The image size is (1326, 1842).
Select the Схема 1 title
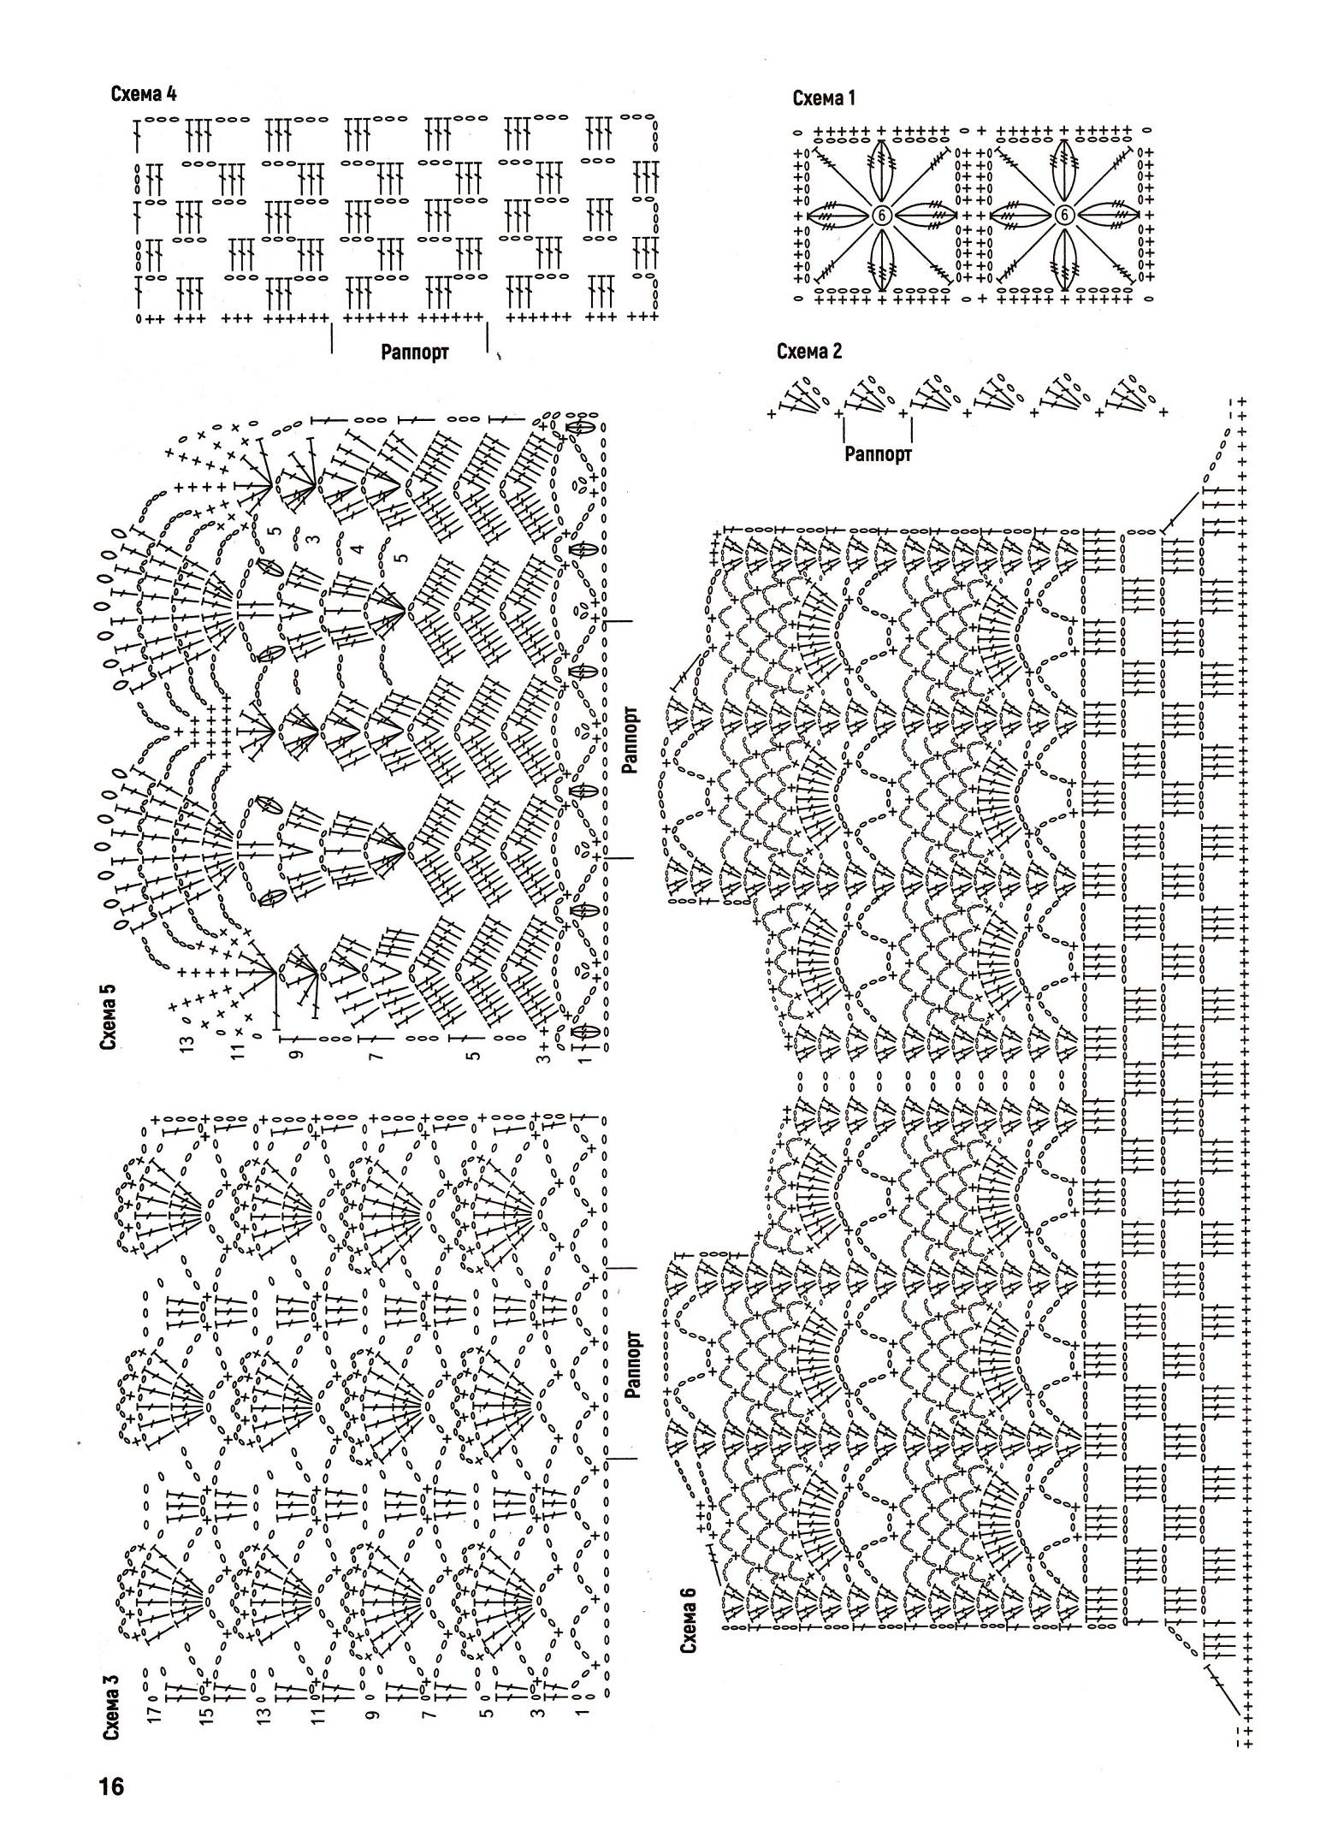point(824,98)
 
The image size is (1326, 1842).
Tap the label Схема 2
point(809,352)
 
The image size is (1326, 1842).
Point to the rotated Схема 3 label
point(111,1713)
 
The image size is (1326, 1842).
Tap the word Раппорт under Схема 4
point(415,352)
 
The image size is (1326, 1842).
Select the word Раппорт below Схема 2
point(879,454)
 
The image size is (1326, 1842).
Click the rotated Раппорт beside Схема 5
point(631,739)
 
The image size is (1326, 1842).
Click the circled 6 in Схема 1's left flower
point(881,216)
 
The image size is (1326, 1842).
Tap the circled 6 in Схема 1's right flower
point(1064,216)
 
